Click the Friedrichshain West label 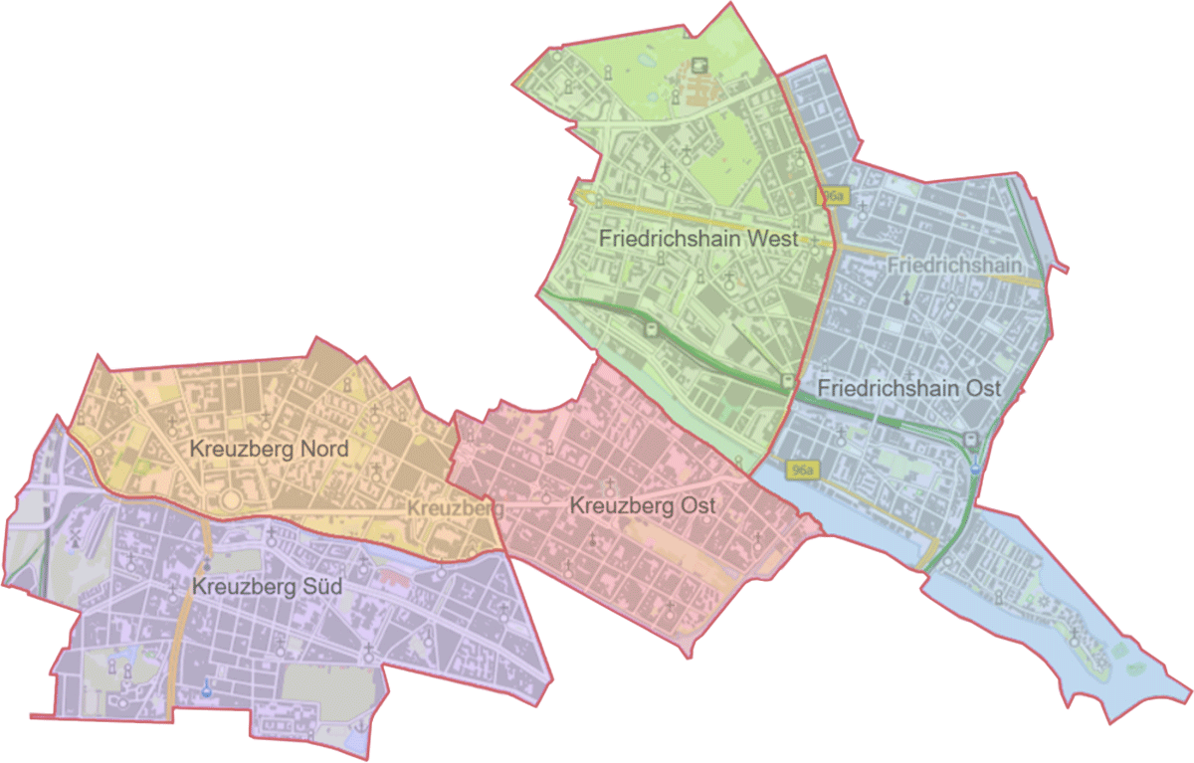tap(698, 239)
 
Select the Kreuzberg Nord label tap(269, 449)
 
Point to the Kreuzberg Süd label tap(268, 587)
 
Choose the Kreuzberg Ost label tap(643, 505)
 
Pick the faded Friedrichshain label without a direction tap(954, 265)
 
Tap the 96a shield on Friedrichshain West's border tap(833, 197)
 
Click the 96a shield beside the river tap(800, 469)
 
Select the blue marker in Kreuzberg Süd tap(207, 684)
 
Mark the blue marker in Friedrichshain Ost tap(976, 467)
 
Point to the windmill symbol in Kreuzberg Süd tap(76, 540)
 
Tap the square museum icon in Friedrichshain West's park tap(701, 65)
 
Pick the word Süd tap(322, 587)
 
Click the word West tap(774, 239)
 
